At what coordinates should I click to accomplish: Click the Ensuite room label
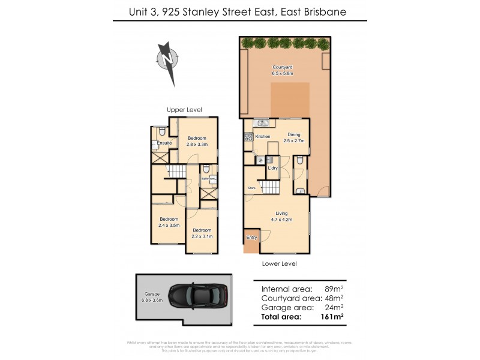click(x=164, y=143)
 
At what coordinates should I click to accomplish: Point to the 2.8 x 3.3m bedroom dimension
click(x=197, y=144)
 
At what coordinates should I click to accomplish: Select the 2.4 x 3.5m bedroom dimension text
click(x=169, y=225)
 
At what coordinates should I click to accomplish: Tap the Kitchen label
click(x=263, y=137)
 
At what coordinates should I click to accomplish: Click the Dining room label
click(x=293, y=134)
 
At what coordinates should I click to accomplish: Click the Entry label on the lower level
click(x=251, y=238)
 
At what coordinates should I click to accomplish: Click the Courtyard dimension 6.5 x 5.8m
click(x=281, y=74)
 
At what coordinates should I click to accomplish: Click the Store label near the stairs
click(x=251, y=188)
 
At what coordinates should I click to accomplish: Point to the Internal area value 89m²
click(x=334, y=288)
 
